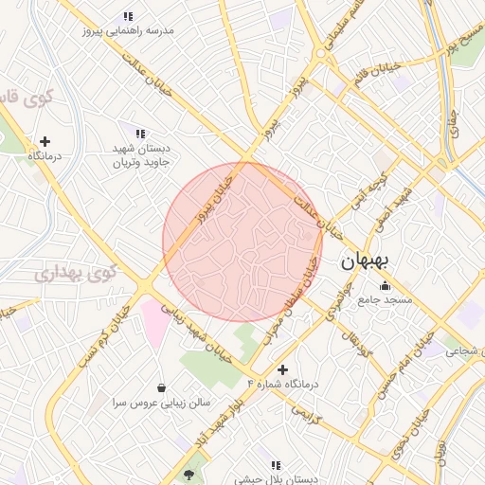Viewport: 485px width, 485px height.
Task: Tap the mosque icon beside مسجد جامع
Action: pos(384,286)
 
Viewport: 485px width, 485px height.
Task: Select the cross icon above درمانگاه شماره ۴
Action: pos(282,368)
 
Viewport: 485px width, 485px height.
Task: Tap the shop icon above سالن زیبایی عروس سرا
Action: pos(162,386)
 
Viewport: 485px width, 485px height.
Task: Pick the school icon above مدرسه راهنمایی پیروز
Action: pos(128,16)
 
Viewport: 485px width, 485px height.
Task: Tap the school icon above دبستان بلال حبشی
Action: pos(276,466)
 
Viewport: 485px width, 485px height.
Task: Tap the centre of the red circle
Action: pos(242,242)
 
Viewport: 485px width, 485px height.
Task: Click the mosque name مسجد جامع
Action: pos(384,300)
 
